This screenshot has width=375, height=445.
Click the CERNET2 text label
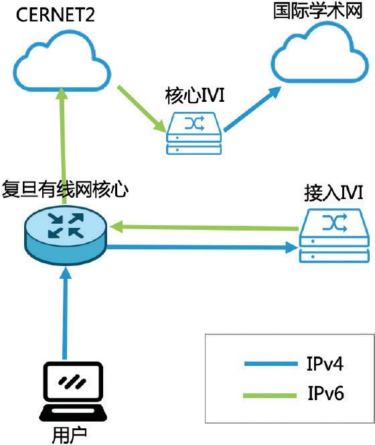(55, 15)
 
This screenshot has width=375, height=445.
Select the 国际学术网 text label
(318, 11)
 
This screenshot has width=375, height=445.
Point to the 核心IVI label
(195, 96)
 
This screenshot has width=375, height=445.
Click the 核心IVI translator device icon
(194, 133)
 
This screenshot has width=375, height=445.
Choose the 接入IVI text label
(333, 193)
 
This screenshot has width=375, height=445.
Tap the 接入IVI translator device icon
(334, 236)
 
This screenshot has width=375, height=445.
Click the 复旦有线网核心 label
(65, 189)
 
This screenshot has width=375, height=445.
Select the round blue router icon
(66, 235)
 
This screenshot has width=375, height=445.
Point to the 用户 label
(70, 434)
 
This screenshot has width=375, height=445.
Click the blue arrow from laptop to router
(66, 314)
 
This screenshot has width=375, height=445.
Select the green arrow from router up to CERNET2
(63, 145)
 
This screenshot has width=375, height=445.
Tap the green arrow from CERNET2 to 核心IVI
(142, 109)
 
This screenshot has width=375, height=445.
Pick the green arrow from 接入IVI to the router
(204, 228)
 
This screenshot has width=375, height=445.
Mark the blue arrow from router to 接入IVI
(202, 247)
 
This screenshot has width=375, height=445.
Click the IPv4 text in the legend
(325, 363)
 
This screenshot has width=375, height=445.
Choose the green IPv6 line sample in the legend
(270, 395)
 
